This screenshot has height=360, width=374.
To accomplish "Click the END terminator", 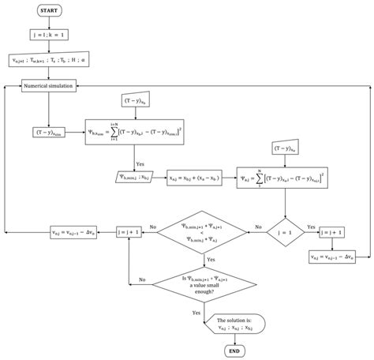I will (x=233, y=350).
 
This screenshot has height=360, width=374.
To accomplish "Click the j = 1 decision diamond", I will (x=283, y=233).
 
